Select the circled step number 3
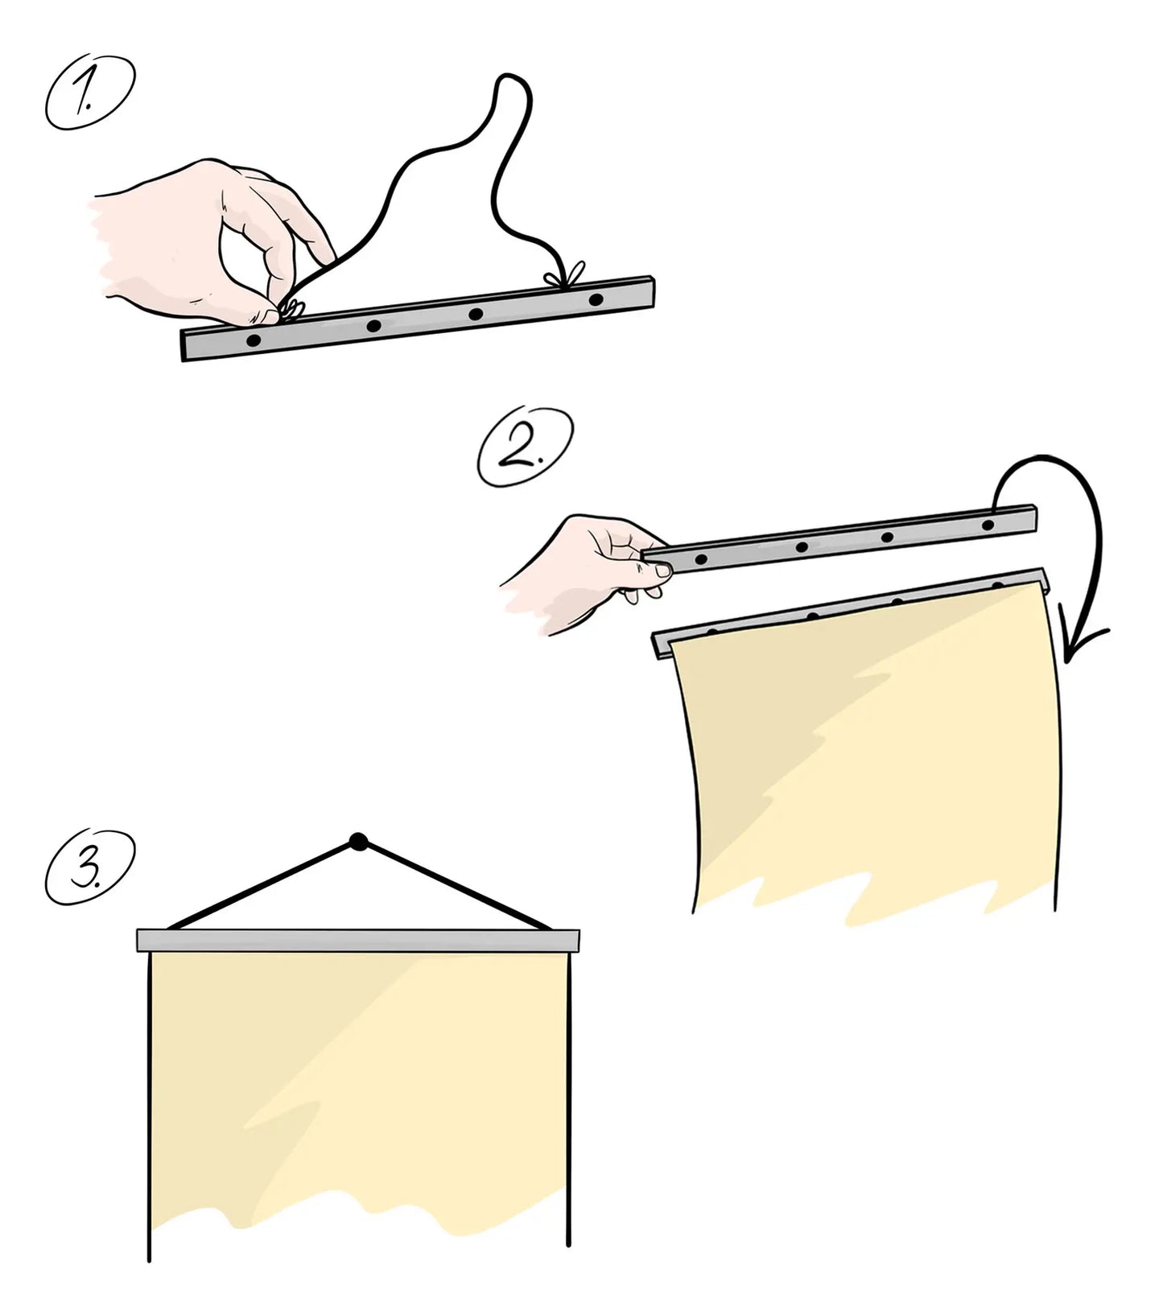point(90,863)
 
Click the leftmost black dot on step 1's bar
point(254,341)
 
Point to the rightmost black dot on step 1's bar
point(596,300)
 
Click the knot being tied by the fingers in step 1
point(291,307)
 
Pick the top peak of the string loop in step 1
point(511,78)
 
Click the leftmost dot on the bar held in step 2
point(700,558)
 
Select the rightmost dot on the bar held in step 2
point(988,525)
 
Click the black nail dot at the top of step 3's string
point(358,842)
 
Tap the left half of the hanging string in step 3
point(262,885)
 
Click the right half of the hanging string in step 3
point(455,885)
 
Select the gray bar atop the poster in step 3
point(358,940)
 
